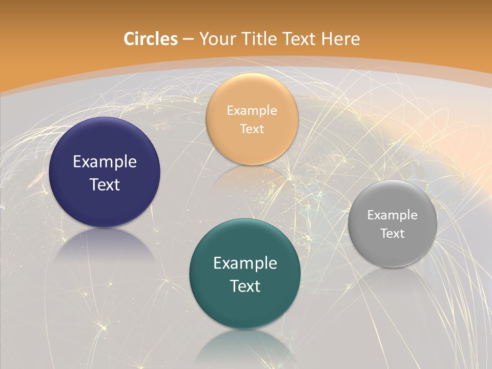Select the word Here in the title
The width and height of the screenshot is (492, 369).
(x=340, y=39)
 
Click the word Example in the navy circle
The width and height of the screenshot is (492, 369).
(x=105, y=162)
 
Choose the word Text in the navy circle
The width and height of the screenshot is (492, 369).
(x=105, y=184)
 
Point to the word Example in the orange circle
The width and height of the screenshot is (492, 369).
(x=252, y=110)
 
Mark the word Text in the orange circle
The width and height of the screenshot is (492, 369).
(x=252, y=129)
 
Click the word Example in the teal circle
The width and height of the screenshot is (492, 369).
(x=245, y=263)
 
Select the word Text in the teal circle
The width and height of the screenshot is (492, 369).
(x=245, y=285)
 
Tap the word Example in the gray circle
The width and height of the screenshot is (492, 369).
(x=392, y=215)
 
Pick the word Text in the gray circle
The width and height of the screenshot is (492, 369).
(x=392, y=233)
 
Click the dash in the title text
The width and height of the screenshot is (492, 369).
(x=188, y=39)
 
